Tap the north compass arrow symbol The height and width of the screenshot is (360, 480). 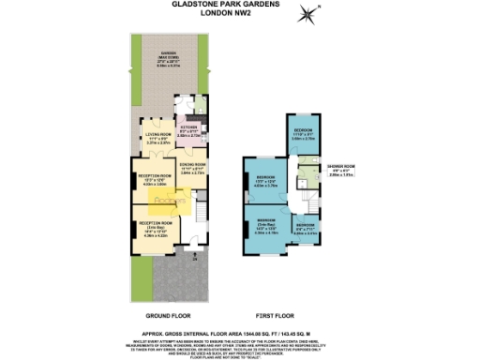pos(307,13)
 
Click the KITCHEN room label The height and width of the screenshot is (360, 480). pos(189,132)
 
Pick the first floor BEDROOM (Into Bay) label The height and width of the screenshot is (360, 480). pos(264,227)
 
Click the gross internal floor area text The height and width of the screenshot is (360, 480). pos(241,332)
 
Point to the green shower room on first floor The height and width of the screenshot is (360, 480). pos(306,172)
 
